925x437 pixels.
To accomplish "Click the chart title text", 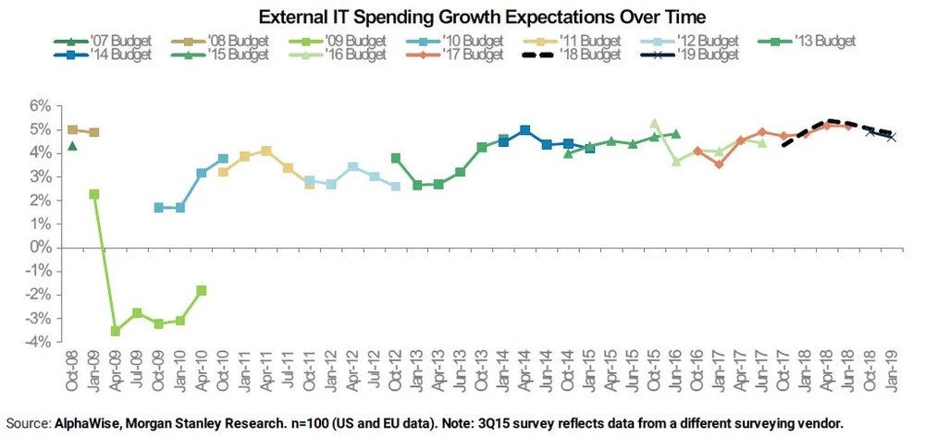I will [463, 18].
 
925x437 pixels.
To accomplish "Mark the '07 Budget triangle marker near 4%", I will [72, 146].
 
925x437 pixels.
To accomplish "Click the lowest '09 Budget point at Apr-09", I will [116, 331].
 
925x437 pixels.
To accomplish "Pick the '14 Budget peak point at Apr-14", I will [525, 130].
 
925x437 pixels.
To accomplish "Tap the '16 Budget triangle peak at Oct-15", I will [654, 123].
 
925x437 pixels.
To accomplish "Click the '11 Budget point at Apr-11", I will [265, 151].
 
